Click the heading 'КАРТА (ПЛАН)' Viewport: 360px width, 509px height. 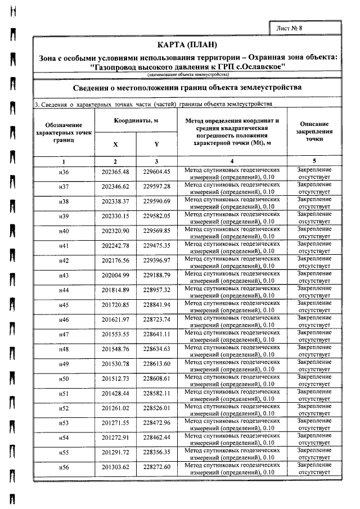pos(187,45)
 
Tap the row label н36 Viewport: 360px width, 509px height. pos(64,172)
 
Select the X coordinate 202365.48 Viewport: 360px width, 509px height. pos(115,172)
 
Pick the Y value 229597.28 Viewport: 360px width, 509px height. pos(157,187)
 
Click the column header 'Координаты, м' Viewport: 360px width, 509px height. pos(136,120)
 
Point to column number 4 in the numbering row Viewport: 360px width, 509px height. pos(232,161)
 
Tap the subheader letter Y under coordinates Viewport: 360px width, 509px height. pos(157,144)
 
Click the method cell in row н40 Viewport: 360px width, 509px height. pos(232,231)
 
